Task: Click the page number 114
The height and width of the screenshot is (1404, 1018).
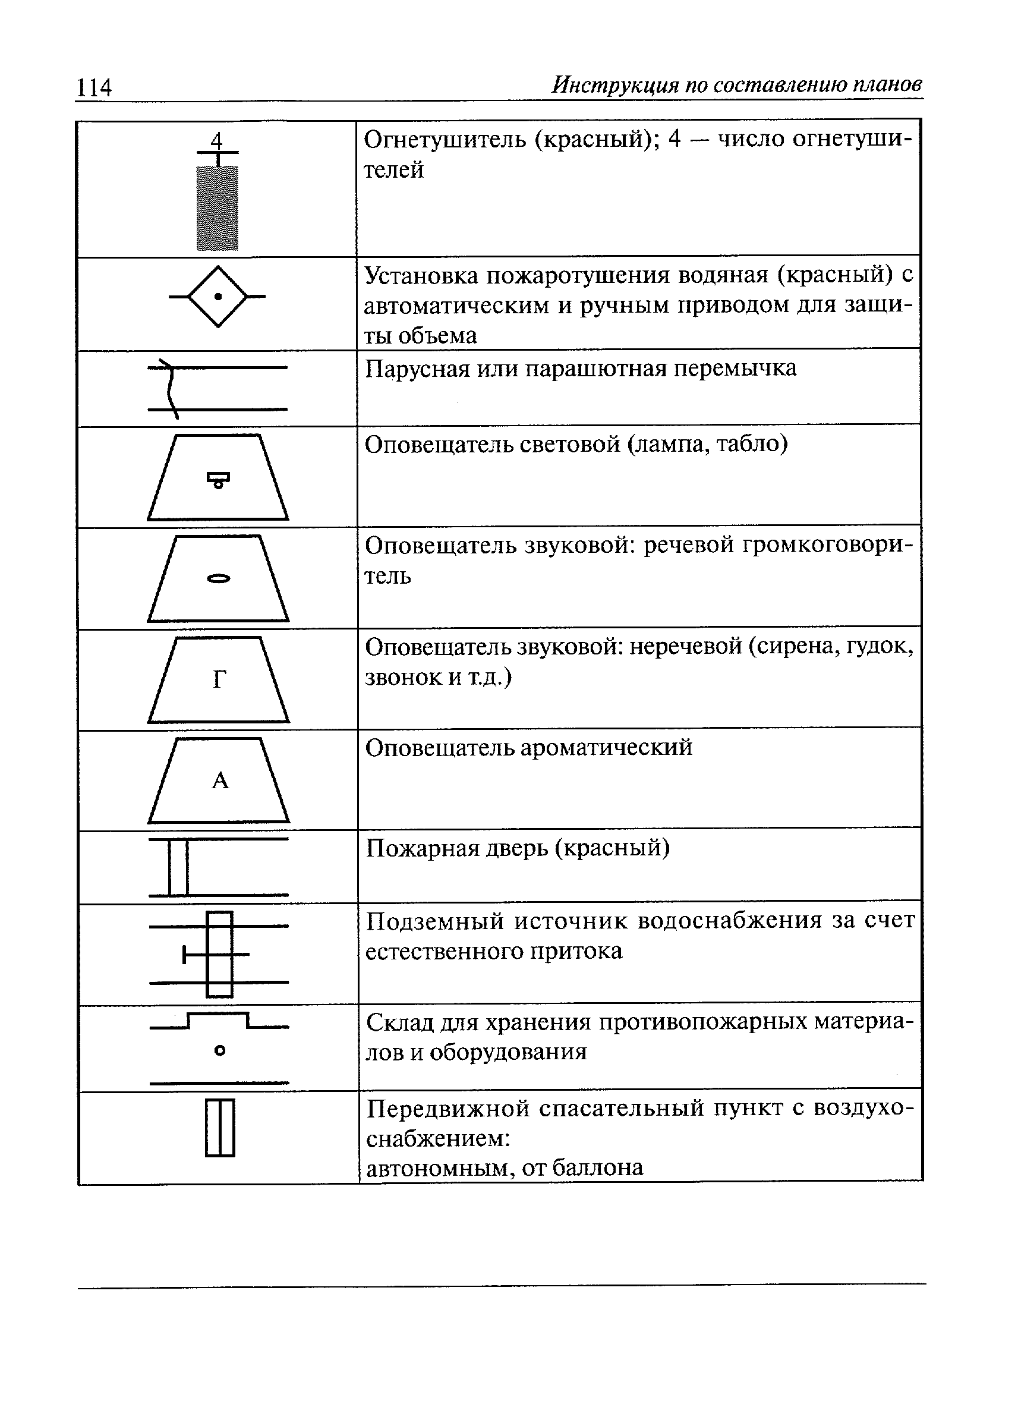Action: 93,87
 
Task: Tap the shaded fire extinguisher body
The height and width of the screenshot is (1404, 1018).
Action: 218,207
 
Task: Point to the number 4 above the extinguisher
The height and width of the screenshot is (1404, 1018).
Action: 216,140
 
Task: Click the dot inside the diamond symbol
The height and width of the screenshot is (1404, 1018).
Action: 218,297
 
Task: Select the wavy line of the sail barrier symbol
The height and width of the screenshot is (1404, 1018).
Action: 169,389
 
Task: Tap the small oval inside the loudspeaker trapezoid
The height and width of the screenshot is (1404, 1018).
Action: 218,579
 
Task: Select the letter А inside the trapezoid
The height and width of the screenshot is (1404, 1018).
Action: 220,781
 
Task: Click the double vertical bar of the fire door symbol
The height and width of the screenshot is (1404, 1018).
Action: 178,867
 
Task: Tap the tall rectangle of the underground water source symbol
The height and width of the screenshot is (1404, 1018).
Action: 219,954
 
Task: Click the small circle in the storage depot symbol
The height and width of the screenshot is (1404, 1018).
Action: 219,1050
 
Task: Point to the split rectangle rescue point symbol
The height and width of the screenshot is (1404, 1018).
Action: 220,1128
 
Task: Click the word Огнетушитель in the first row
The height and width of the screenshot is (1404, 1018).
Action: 445,139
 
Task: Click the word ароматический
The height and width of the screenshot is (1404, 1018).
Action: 607,748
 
